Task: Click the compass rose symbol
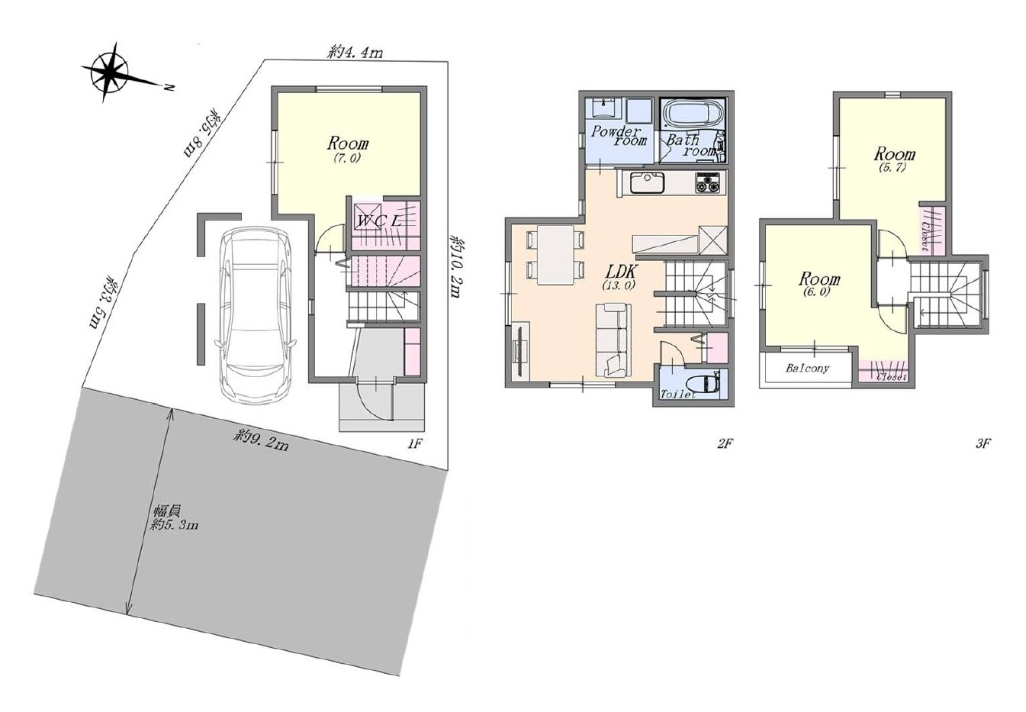click(110, 72)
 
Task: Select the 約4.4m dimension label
click(355, 53)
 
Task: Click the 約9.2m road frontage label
click(260, 441)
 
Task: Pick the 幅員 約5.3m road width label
click(175, 517)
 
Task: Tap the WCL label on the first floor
click(380, 221)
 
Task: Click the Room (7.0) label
click(347, 150)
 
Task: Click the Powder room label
click(619, 136)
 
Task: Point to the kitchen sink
click(646, 182)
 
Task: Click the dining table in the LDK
click(555, 255)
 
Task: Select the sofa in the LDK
click(613, 340)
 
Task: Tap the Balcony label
click(808, 368)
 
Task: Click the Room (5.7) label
click(894, 159)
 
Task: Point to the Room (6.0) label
click(819, 284)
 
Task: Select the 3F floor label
click(983, 443)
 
